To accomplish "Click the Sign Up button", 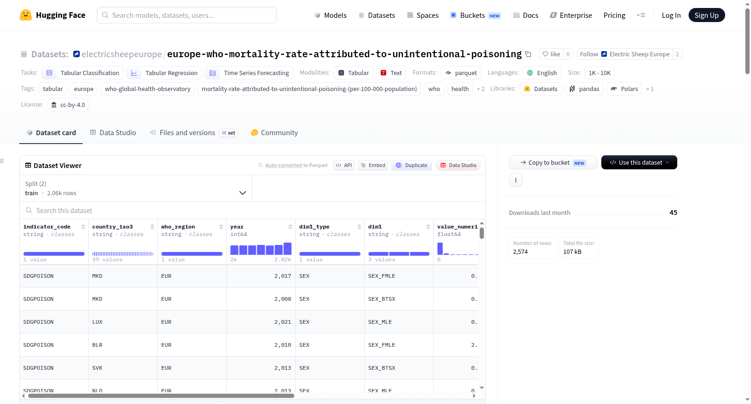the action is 706,15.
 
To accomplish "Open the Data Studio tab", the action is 113,132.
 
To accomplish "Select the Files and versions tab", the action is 193,132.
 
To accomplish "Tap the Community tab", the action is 274,132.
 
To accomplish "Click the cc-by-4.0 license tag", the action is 69,105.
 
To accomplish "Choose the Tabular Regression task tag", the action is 164,73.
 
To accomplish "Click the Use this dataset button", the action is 639,162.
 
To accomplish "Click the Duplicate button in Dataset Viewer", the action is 411,165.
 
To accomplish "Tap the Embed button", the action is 373,165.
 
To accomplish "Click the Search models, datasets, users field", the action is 187,15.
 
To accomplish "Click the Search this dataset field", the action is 252,210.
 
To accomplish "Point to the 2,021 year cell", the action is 261,322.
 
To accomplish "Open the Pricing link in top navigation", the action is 614,15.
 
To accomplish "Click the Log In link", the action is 671,15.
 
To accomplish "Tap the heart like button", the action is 551,54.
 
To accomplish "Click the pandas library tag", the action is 584,89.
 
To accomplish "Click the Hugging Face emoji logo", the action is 26,15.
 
